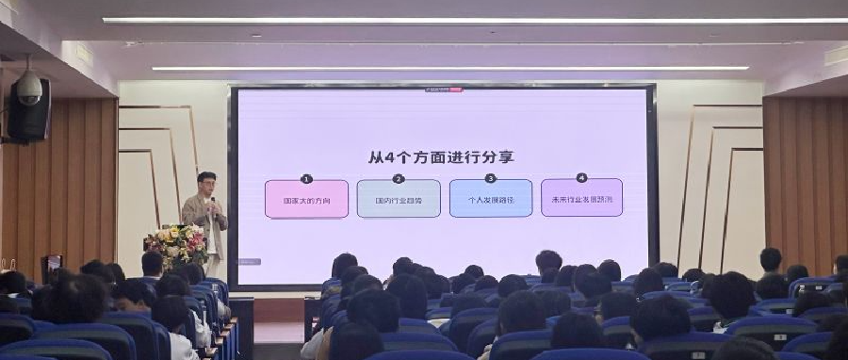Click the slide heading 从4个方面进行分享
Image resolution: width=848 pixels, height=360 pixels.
point(441,156)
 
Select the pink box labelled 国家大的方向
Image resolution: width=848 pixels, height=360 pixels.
point(306,200)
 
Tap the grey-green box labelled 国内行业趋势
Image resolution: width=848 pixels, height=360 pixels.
point(399,200)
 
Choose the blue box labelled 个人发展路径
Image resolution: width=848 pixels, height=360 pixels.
point(491,200)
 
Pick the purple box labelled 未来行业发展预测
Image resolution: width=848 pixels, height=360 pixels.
point(581,200)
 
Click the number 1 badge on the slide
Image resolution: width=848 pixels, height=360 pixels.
point(306,178)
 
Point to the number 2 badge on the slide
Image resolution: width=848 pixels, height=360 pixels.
point(399,178)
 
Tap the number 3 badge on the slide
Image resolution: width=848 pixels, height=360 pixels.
point(491,178)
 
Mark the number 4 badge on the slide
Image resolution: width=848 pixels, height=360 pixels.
point(581,177)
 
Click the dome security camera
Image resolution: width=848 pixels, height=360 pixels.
point(28,87)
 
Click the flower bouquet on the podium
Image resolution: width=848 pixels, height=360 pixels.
point(176,244)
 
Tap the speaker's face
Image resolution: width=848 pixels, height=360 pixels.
point(206,182)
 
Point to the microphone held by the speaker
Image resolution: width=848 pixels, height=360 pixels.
point(212,201)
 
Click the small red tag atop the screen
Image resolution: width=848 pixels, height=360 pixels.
point(456,90)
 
